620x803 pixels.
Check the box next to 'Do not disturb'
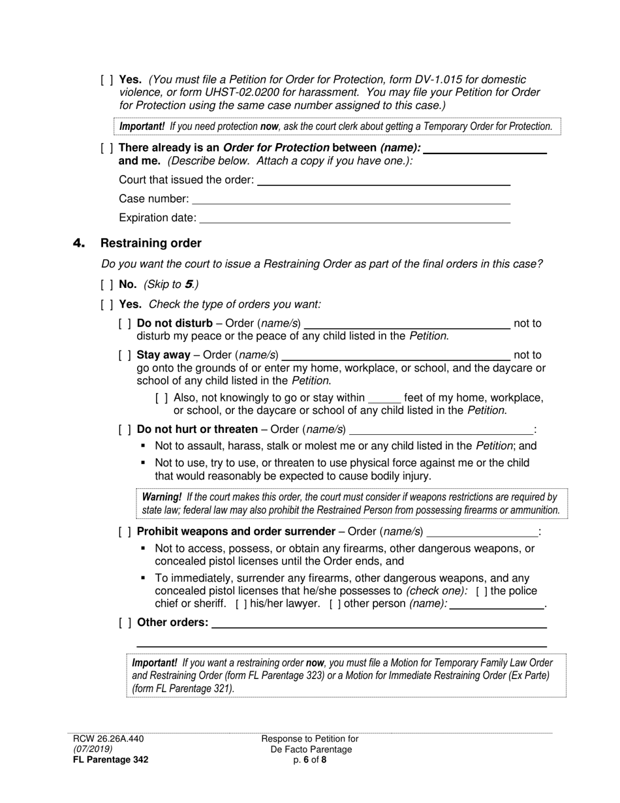point(125,323)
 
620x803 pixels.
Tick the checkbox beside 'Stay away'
point(125,355)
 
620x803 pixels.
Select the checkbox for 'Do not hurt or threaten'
point(125,430)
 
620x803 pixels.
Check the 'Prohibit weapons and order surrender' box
point(125,531)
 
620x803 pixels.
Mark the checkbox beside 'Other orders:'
point(125,623)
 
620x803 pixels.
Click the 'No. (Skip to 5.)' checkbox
point(106,285)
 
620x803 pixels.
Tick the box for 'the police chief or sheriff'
point(481,591)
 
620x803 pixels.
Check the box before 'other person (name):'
point(335,604)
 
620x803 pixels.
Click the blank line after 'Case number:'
point(350,199)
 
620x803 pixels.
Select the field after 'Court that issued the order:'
point(384,180)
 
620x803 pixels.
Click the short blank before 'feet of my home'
point(384,398)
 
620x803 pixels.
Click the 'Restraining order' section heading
point(151,244)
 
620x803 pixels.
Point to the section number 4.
point(79,244)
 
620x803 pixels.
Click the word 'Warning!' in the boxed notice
point(161,497)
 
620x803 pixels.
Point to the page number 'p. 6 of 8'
point(310,759)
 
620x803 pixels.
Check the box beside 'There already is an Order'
point(106,148)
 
